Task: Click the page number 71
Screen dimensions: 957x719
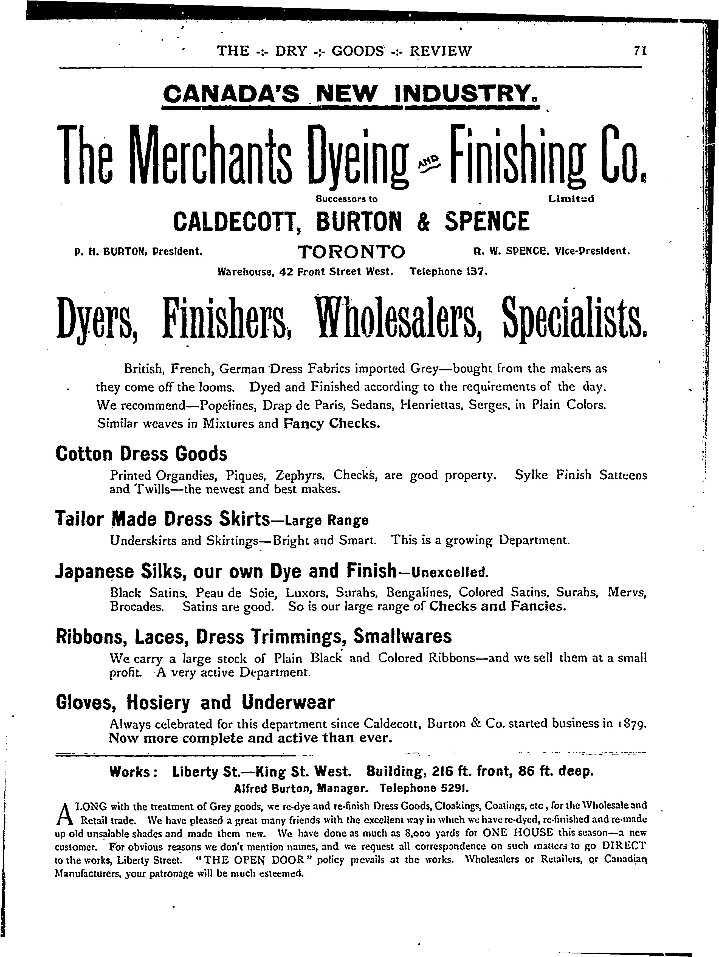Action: click(x=640, y=51)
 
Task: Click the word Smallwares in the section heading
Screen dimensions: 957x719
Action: click(x=403, y=637)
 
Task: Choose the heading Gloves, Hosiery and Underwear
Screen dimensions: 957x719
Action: click(x=195, y=702)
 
